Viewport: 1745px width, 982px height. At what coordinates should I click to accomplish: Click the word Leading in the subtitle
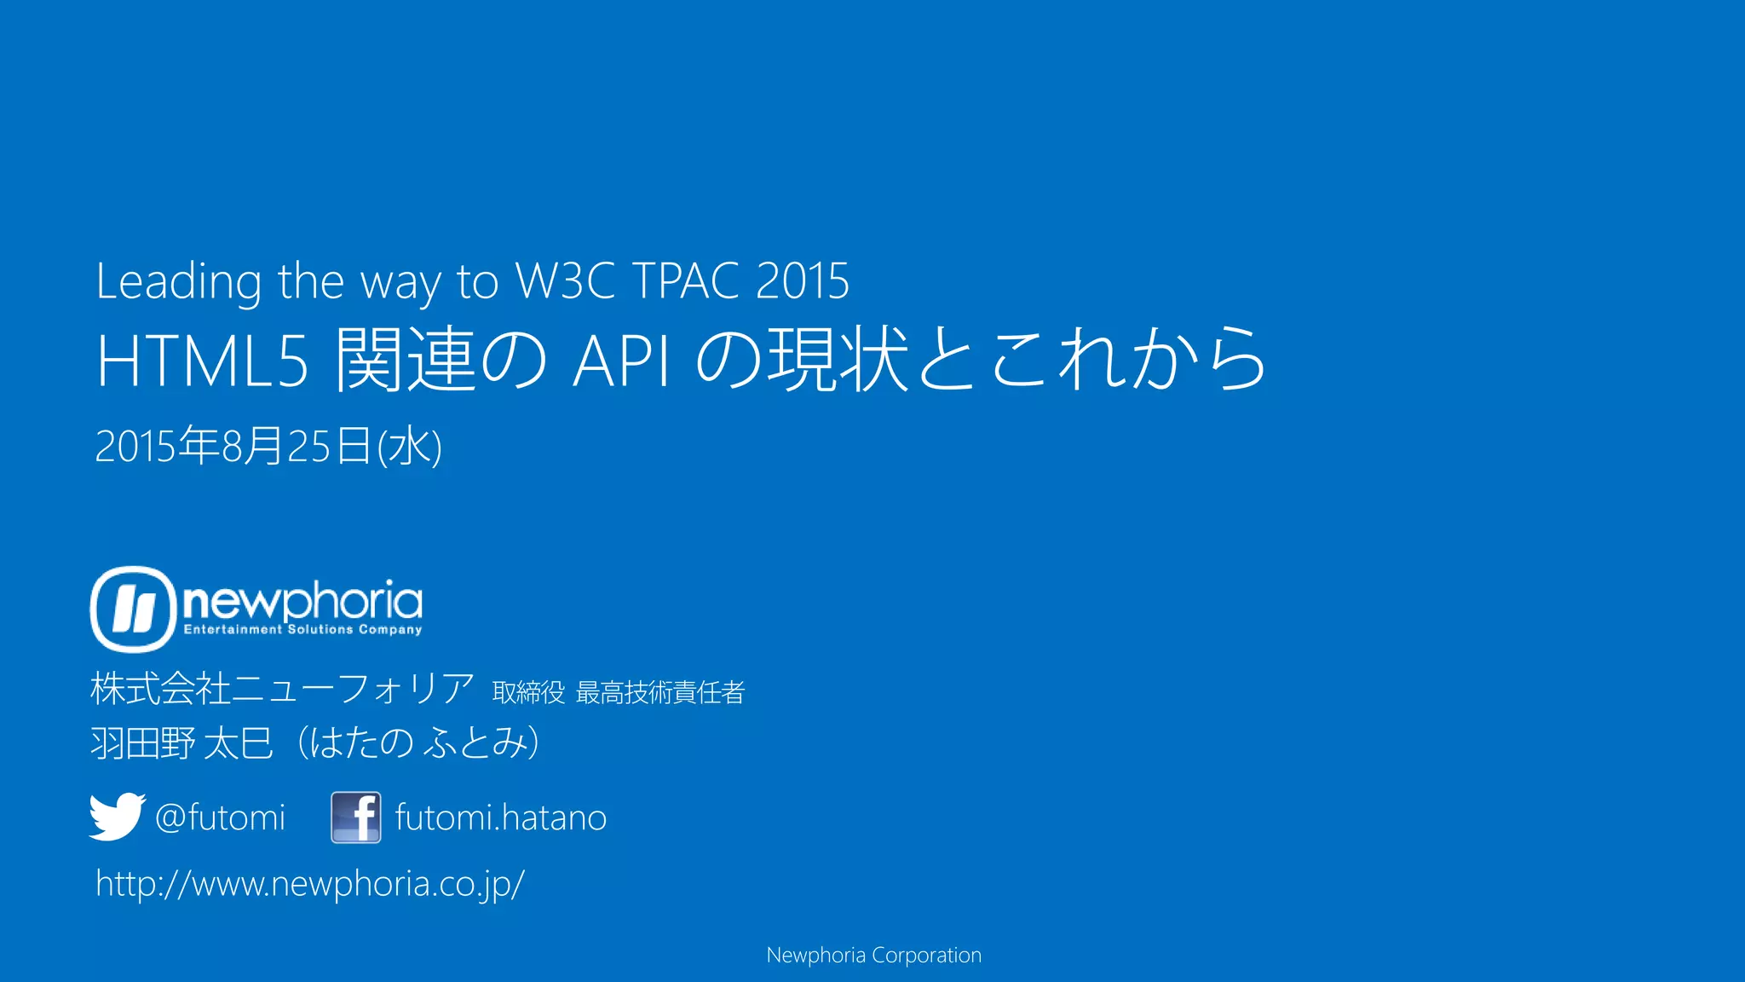point(178,281)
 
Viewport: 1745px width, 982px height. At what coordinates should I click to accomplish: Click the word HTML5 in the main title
point(202,361)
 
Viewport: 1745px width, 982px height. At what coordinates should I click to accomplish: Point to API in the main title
point(621,361)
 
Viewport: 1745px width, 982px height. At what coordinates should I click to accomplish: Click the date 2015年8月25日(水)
point(268,446)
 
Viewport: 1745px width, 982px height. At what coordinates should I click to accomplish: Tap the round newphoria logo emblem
point(133,609)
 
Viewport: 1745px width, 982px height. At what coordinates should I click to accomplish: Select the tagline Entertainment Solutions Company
point(302,630)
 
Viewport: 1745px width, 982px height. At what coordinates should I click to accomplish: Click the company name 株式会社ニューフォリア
point(282,689)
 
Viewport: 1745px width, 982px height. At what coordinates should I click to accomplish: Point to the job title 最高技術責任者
point(660,692)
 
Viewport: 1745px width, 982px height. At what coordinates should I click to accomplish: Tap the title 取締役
point(528,692)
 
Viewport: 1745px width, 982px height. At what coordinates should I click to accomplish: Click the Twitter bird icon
point(117,817)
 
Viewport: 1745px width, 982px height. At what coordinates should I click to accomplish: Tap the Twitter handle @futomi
point(220,817)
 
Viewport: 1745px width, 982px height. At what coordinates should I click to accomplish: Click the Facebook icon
point(356,817)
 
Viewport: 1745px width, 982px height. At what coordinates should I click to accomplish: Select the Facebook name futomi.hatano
point(501,817)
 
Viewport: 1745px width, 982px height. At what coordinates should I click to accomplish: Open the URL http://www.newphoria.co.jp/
point(310,883)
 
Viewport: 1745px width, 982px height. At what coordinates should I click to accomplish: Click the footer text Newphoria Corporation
point(873,955)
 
